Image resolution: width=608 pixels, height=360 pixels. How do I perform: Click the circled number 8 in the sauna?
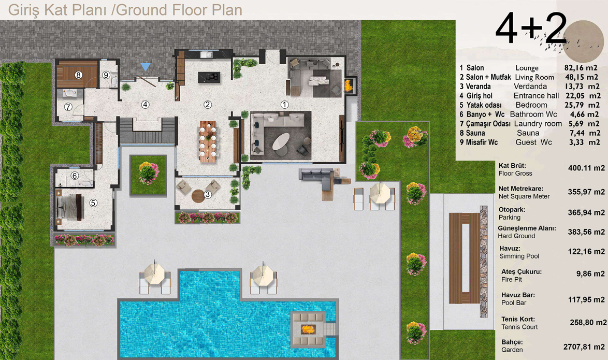[79, 75]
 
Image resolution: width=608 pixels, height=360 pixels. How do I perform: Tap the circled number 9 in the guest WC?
[106, 75]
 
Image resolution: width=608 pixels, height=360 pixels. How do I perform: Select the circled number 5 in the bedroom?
[93, 203]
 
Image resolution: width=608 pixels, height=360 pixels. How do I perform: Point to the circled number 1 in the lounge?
[285, 104]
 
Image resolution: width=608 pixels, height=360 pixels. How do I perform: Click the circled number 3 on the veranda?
[208, 194]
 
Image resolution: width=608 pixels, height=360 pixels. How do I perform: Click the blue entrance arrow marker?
[146, 67]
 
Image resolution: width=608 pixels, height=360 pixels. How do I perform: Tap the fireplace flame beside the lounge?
[349, 85]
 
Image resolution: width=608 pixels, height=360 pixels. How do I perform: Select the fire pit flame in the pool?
[308, 329]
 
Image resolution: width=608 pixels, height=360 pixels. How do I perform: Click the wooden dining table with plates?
[208, 141]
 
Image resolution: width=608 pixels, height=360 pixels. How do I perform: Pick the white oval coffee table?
[281, 141]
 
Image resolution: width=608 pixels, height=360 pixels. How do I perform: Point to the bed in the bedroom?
[70, 207]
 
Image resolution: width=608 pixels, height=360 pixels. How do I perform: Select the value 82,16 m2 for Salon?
[581, 68]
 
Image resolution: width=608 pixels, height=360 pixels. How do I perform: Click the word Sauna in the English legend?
[528, 133]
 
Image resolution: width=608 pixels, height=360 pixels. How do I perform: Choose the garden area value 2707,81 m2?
[584, 347]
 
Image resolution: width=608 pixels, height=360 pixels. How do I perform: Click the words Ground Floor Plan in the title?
[179, 10]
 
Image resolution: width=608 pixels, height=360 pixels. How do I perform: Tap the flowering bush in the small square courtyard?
[148, 173]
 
